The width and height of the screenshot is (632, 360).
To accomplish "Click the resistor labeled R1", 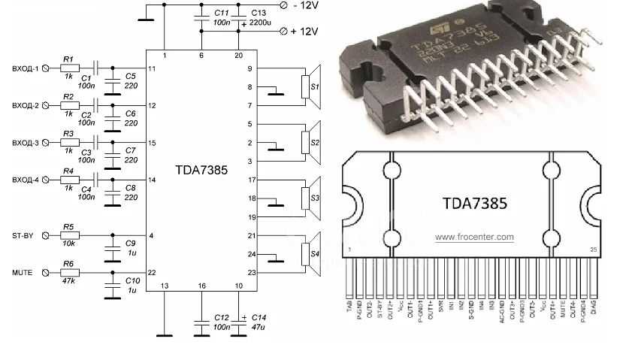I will click(x=69, y=68).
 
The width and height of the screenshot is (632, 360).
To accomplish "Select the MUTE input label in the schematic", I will click(x=22, y=272).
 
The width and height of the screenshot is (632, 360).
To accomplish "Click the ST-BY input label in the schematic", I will click(x=23, y=236).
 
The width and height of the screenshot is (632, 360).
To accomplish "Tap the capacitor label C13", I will click(x=258, y=14).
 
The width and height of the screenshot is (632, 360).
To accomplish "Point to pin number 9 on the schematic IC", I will click(x=249, y=68).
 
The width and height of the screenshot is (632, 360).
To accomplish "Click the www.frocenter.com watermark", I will click(x=474, y=237).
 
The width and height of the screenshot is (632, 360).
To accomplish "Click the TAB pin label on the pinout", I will click(x=349, y=305).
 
